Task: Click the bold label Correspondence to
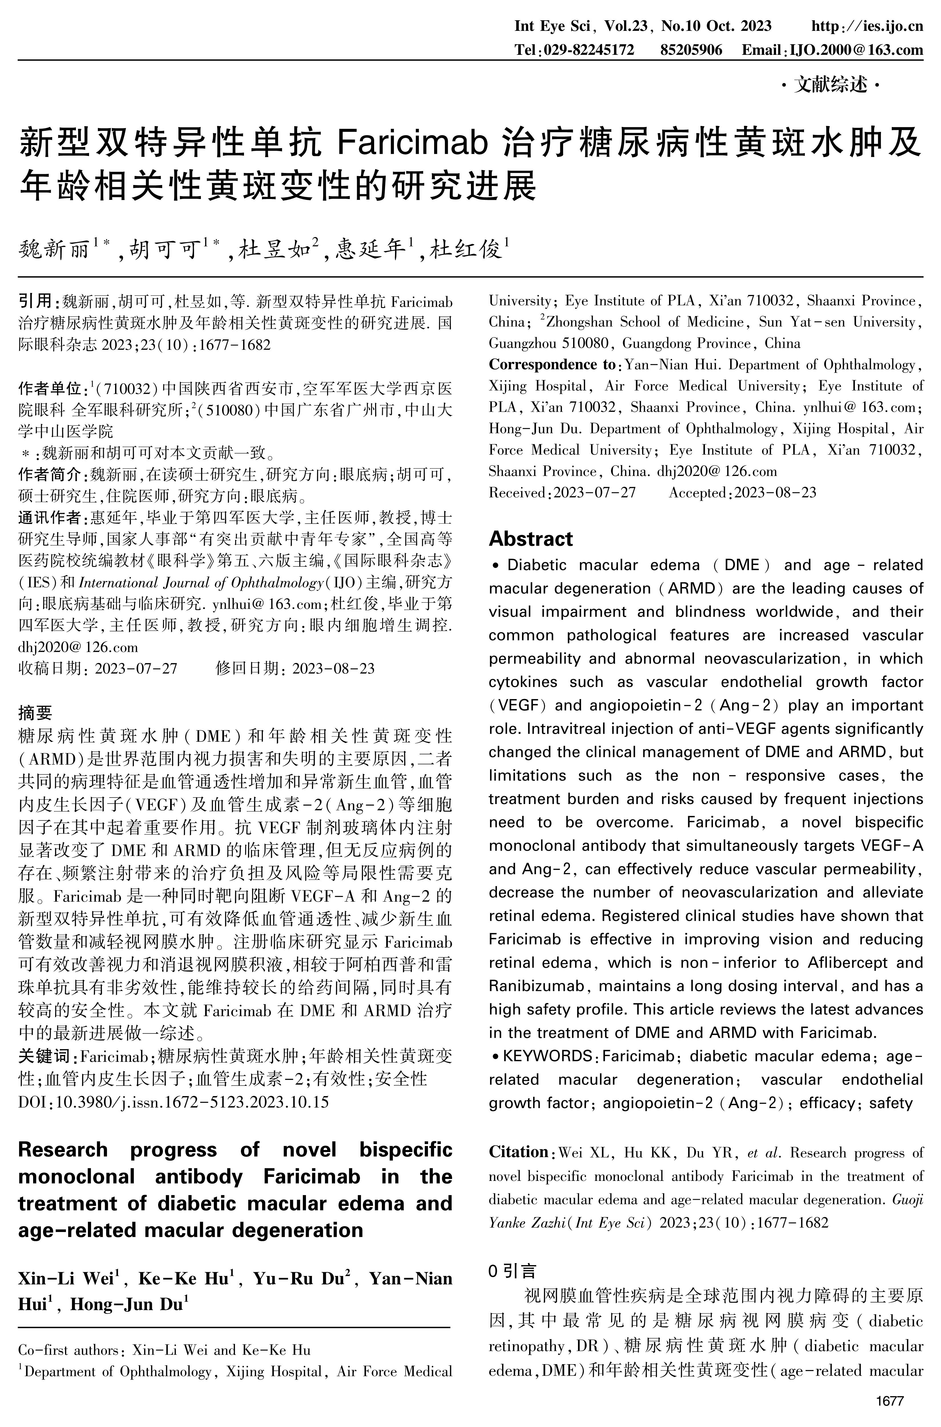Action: pyautogui.click(x=552, y=364)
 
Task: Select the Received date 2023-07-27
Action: pyautogui.click(x=594, y=493)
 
